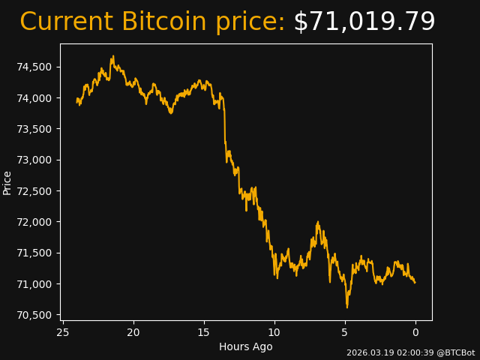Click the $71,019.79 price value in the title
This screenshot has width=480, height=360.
(364, 22)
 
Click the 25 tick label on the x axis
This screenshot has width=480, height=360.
(63, 332)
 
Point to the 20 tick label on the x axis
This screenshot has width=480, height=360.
(133, 332)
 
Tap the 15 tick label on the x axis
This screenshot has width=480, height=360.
(204, 332)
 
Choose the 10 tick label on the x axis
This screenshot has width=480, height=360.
(274, 332)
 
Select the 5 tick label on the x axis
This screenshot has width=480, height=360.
(345, 332)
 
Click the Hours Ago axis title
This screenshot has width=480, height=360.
(246, 346)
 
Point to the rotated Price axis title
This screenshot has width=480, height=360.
(7, 182)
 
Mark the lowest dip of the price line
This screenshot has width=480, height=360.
(346, 307)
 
